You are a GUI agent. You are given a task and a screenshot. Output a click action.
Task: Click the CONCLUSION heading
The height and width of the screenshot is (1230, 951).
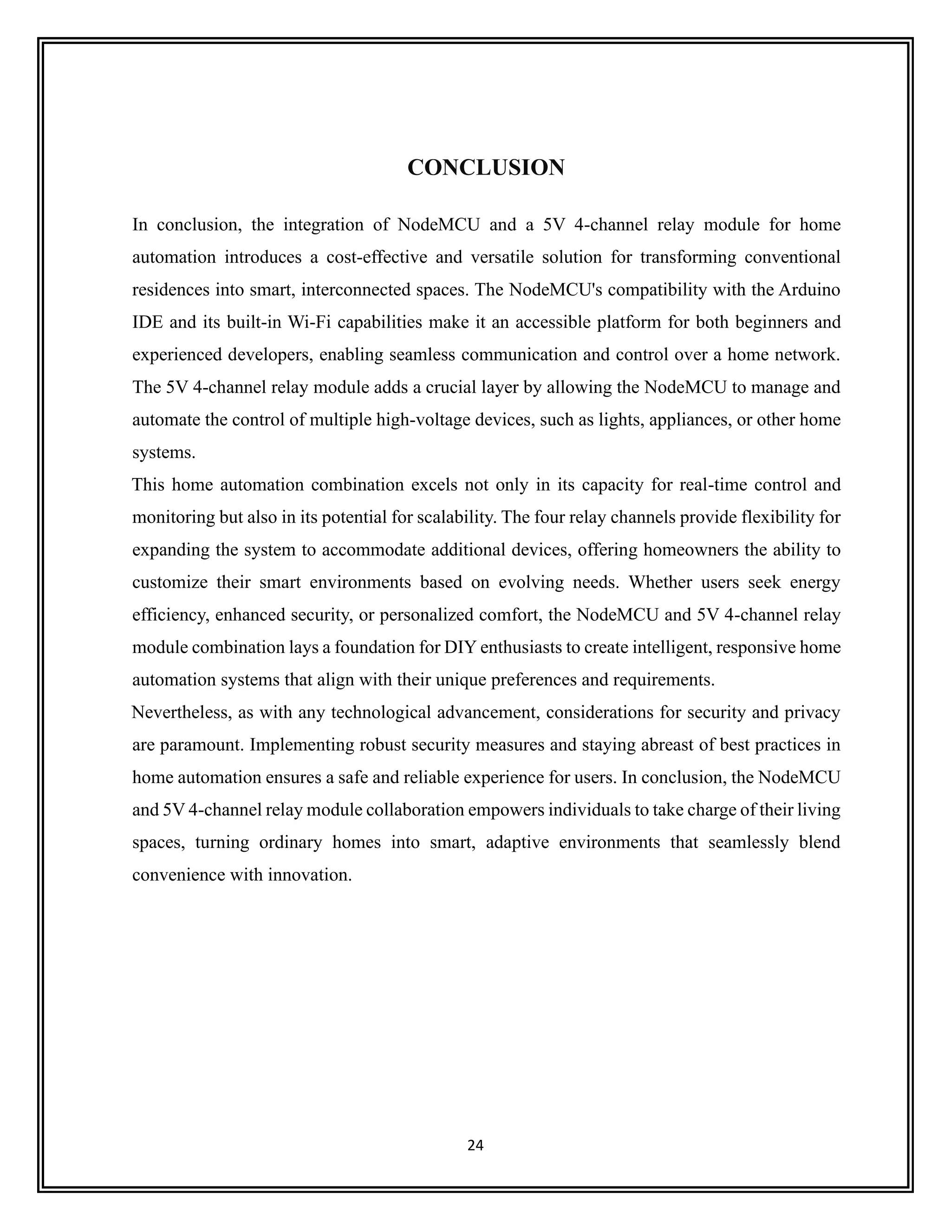click(486, 168)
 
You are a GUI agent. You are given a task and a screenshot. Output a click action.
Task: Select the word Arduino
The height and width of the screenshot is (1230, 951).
click(809, 290)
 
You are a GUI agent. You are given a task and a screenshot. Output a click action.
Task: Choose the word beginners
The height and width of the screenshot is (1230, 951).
click(767, 323)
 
